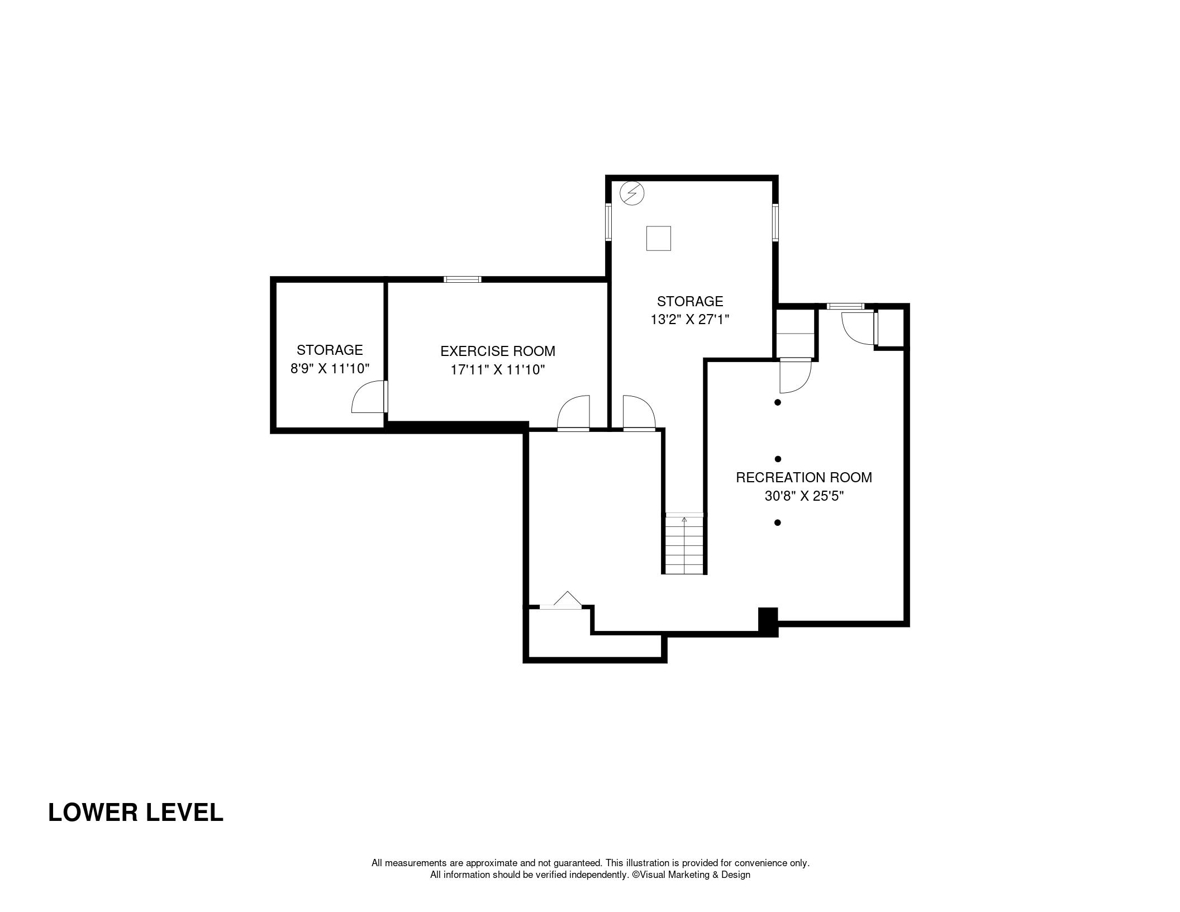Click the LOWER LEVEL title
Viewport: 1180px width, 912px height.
(136, 812)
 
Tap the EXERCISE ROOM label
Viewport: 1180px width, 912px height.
(498, 351)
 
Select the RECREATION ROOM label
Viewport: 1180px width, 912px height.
(804, 477)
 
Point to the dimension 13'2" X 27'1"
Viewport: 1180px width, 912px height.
(690, 320)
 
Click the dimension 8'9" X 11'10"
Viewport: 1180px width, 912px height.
(330, 368)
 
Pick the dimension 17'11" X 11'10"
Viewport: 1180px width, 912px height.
(498, 369)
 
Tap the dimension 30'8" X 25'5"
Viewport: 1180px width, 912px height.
(804, 496)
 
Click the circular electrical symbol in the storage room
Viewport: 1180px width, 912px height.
(632, 193)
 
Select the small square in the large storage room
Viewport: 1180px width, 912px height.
(658, 239)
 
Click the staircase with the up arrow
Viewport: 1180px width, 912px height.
(684, 543)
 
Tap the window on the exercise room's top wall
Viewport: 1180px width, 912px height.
(463, 279)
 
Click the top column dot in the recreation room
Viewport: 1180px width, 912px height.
(777, 402)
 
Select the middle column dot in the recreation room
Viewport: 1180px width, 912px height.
(778, 459)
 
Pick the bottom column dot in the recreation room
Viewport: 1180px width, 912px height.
(777, 522)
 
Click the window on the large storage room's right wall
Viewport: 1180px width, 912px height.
(775, 223)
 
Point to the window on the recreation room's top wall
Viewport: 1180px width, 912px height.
(845, 306)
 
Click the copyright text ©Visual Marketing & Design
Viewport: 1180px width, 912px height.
(691, 875)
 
